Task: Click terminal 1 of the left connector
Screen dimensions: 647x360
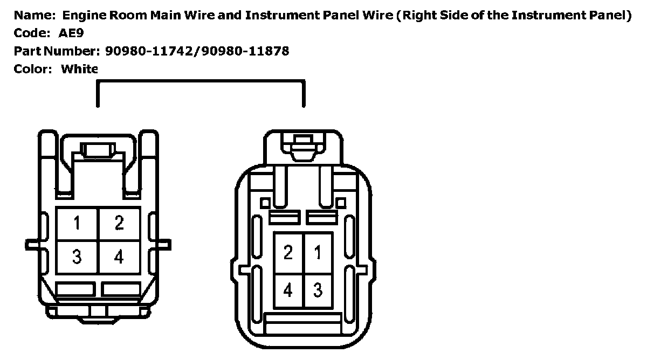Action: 77,223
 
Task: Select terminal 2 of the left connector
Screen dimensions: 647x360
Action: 119,223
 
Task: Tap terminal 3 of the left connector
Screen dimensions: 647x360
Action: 77,257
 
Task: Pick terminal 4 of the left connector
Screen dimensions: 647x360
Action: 119,257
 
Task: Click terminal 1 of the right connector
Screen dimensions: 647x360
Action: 318,252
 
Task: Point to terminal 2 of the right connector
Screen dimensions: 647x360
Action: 288,252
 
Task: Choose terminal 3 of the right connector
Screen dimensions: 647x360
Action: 318,290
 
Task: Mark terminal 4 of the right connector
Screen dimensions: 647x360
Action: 288,290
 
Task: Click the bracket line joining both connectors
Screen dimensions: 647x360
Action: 201,81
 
